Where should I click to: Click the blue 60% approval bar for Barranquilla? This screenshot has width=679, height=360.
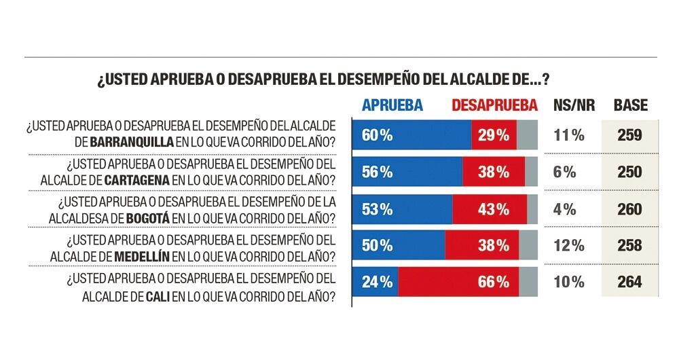pos(411,134)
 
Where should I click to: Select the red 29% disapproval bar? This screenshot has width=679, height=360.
pos(494,134)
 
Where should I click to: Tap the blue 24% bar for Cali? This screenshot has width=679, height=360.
pos(375,282)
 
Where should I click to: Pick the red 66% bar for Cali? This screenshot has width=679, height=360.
pos(458,282)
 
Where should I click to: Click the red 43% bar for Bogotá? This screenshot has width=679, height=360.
pos(490,209)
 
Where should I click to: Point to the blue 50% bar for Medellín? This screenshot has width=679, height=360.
pos(399,246)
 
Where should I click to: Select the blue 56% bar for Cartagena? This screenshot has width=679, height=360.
pos(407,172)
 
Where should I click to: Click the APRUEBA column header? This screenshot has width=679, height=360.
pos(392,105)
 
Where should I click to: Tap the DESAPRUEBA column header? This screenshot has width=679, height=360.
pos(494,105)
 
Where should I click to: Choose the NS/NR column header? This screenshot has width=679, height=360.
pos(569,105)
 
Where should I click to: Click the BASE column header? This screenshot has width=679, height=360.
pos(630,105)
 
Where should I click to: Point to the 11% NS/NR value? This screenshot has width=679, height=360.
pos(569,135)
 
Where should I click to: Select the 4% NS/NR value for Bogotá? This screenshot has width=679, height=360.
pos(569,209)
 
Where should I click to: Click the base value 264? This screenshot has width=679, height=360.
pos(629,282)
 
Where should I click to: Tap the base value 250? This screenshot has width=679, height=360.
pos(629,172)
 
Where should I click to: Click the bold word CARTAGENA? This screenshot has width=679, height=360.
pos(137,180)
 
